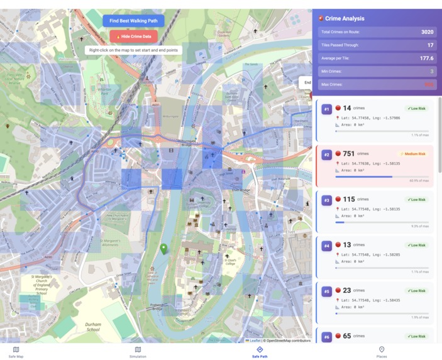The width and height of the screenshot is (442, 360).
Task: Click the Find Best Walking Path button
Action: (x=133, y=21)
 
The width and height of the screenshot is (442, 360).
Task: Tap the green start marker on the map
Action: (x=163, y=249)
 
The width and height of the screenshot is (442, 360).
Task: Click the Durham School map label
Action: (x=93, y=327)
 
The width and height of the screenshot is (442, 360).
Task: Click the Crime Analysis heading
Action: (x=345, y=19)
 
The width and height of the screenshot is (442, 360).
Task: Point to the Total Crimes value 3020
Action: (x=427, y=31)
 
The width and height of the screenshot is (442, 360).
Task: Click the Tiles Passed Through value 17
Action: (x=430, y=45)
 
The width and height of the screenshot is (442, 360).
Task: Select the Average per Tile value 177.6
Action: (x=427, y=58)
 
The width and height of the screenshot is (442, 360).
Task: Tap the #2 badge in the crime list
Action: (x=326, y=155)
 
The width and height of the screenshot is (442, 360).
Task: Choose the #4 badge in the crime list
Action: (x=326, y=246)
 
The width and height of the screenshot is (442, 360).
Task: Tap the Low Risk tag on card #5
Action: (x=416, y=291)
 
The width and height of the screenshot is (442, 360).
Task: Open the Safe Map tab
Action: (x=16, y=352)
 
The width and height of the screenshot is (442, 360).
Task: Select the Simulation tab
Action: (x=138, y=352)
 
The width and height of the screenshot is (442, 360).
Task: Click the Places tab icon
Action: (x=382, y=349)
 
